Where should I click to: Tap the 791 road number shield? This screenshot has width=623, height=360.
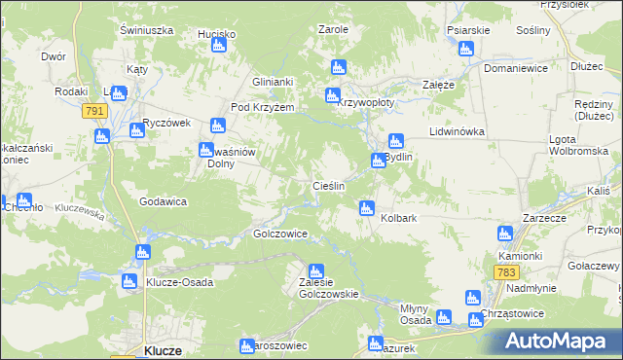coord(94,112)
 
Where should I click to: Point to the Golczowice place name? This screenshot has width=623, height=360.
coord(280,234)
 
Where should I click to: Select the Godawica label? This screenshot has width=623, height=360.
coord(163,201)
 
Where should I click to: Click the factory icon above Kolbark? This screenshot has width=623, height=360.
coord(367,206)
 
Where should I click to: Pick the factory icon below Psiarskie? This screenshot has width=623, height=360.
coord(467,47)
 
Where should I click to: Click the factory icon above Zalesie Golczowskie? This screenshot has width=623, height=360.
coord(315,271)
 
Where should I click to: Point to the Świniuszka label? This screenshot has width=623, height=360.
coord(146,30)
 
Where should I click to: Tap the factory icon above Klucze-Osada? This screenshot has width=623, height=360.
coord(143,252)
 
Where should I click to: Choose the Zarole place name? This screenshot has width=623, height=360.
coord(333,29)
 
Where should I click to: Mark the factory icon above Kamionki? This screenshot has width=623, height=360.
coord(504,234)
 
